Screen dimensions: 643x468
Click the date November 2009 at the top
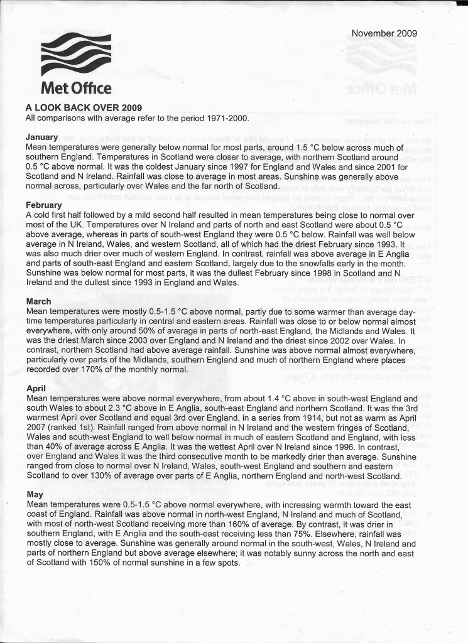tap(384, 33)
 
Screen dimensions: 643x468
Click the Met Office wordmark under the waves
tap(76, 88)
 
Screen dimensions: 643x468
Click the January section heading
tap(41, 137)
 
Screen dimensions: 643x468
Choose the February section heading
tap(44, 205)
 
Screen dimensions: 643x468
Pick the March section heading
tap(38, 301)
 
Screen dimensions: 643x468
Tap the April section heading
tap(36, 389)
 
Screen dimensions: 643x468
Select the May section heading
tap(35, 495)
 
